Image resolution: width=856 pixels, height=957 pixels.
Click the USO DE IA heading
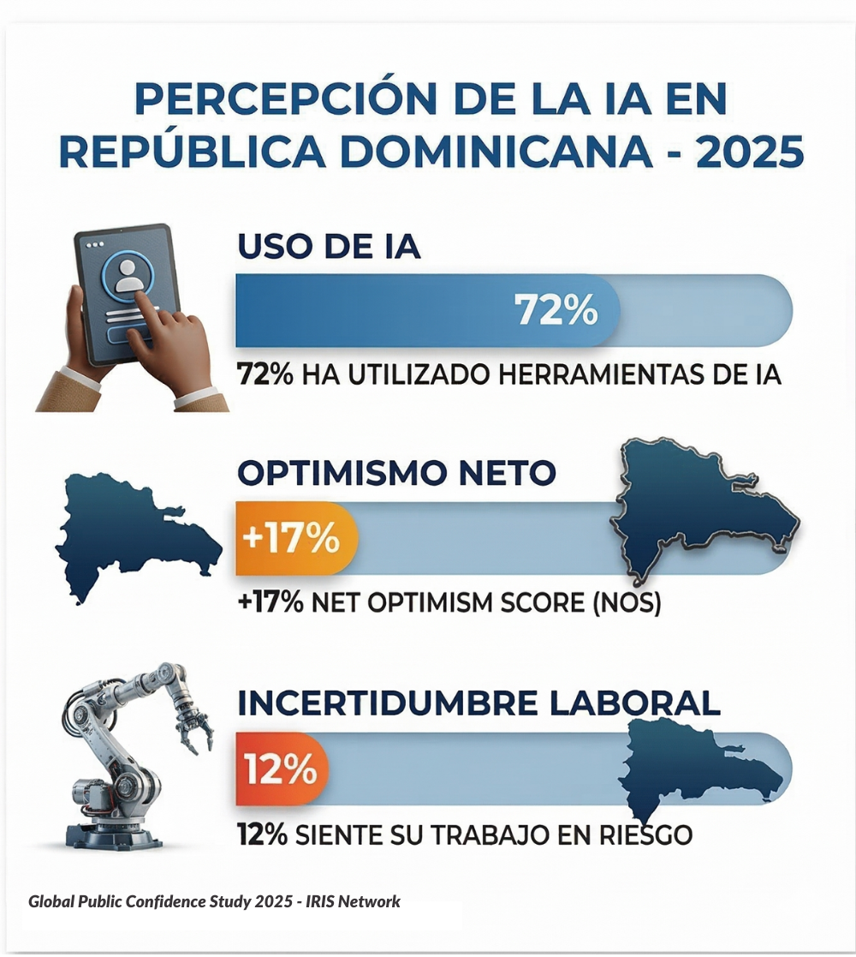click(329, 247)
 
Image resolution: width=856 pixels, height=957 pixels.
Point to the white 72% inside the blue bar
click(556, 310)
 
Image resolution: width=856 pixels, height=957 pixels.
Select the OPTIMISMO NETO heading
click(396, 472)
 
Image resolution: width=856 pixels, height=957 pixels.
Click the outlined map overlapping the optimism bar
click(702, 506)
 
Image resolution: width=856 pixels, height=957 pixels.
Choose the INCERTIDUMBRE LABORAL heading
click(479, 703)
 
